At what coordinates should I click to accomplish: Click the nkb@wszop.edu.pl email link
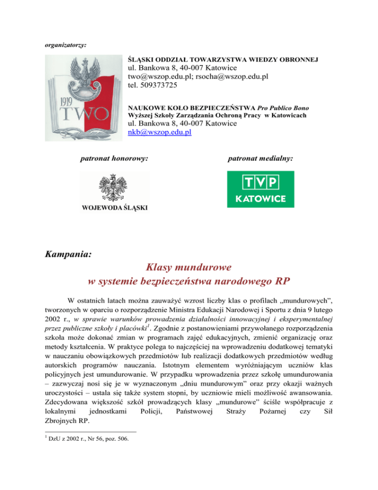(x=159, y=132)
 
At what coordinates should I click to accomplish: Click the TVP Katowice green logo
(x=260, y=189)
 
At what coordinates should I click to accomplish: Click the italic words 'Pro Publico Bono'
(x=275, y=107)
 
